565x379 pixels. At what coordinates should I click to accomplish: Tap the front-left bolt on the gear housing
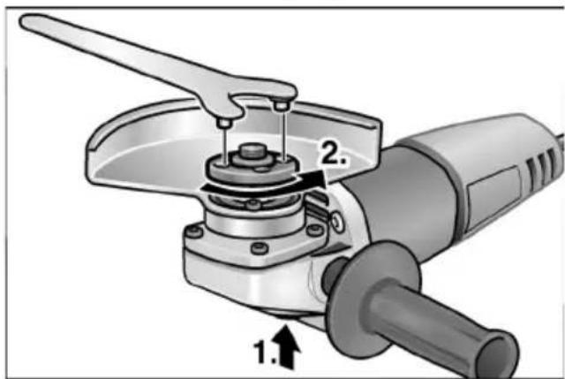tap(191, 234)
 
